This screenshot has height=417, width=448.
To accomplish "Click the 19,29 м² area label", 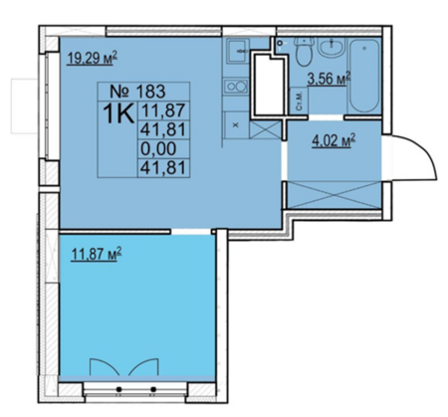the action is (93, 59).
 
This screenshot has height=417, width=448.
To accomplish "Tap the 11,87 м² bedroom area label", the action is (97, 255).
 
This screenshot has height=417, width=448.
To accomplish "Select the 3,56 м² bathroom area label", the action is (329, 79).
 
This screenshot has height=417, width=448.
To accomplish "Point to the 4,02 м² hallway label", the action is (334, 140).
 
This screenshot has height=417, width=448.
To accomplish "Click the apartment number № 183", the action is (137, 91).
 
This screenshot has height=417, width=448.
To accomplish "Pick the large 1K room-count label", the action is (118, 113).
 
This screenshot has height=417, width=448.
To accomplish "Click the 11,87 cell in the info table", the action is (163, 110).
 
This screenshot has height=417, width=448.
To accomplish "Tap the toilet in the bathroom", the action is (304, 51).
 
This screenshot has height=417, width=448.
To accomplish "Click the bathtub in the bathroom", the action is (364, 77).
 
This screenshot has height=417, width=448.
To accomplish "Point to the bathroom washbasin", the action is (332, 48).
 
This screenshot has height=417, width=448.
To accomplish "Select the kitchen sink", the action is (237, 51).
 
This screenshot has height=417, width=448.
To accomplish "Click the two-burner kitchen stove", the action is (236, 87).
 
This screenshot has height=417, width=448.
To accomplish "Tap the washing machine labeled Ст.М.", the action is (299, 102).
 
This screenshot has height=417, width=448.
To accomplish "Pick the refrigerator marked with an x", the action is (236, 125).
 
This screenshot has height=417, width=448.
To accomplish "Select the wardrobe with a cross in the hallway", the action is (334, 195).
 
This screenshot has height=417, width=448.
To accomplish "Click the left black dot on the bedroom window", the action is (118, 389).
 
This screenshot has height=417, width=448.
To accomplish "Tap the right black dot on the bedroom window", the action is (153, 389).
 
